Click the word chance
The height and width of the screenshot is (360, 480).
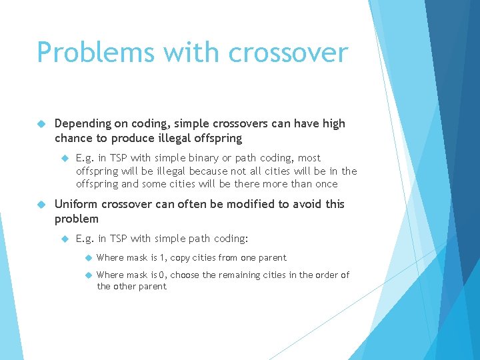(73, 138)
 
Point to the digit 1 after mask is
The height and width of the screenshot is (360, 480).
(163, 258)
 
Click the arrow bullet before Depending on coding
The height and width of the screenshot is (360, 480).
(41, 124)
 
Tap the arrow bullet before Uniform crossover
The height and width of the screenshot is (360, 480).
(41, 205)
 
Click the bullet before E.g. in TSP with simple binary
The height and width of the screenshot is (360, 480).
(65, 159)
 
